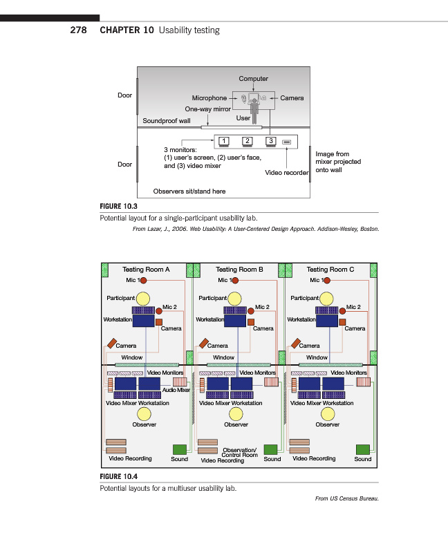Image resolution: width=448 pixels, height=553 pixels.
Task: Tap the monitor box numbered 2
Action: click(247, 141)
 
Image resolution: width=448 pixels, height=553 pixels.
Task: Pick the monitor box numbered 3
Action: click(271, 141)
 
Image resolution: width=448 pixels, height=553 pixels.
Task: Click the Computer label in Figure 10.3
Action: click(253, 79)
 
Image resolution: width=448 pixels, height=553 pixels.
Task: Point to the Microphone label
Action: click(209, 98)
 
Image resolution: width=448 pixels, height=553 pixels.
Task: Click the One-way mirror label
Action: click(207, 109)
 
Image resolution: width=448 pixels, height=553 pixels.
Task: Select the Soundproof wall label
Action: click(166, 121)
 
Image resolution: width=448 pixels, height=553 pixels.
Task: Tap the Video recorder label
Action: click(287, 173)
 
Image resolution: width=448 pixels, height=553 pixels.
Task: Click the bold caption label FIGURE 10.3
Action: click(119, 206)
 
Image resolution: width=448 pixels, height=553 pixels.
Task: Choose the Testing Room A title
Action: click(146, 270)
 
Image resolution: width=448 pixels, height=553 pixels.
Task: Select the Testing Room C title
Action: click(330, 270)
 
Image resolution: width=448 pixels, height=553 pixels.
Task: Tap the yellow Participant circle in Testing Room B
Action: click(236, 299)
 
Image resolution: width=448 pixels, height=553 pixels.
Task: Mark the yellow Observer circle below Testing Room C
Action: click(327, 414)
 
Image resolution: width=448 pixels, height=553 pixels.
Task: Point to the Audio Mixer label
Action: click(176, 391)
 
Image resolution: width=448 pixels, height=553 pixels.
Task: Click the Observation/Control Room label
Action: click(239, 453)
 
